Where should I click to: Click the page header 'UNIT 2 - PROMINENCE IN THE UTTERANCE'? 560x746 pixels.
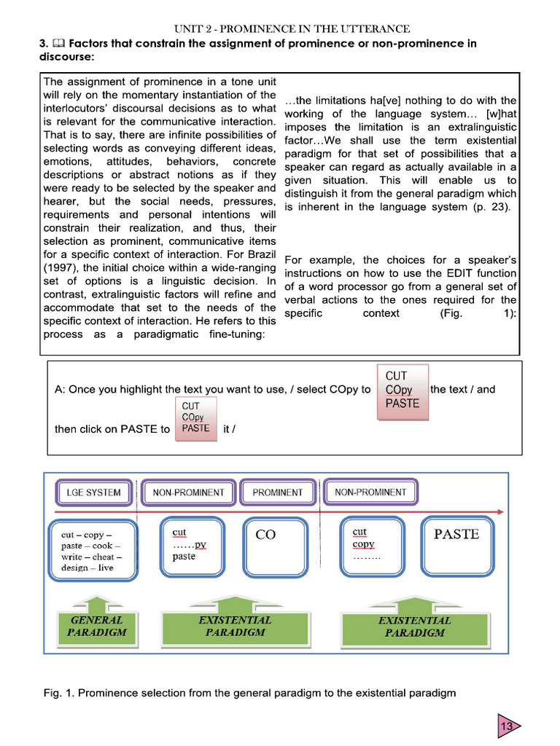pyautogui.click(x=292, y=29)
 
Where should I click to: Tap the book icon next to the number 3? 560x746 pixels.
pyautogui.click(x=57, y=44)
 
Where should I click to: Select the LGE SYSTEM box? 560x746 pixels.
pyautogui.click(x=93, y=492)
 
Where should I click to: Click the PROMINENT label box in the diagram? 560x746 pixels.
pyautogui.click(x=277, y=492)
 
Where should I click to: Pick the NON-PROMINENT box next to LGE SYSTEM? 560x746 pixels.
pyautogui.click(x=188, y=492)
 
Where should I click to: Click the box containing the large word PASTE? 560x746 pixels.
pyautogui.click(x=456, y=546)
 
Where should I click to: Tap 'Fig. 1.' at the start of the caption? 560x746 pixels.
pyautogui.click(x=58, y=693)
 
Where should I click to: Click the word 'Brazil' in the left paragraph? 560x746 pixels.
pyautogui.click(x=260, y=254)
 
